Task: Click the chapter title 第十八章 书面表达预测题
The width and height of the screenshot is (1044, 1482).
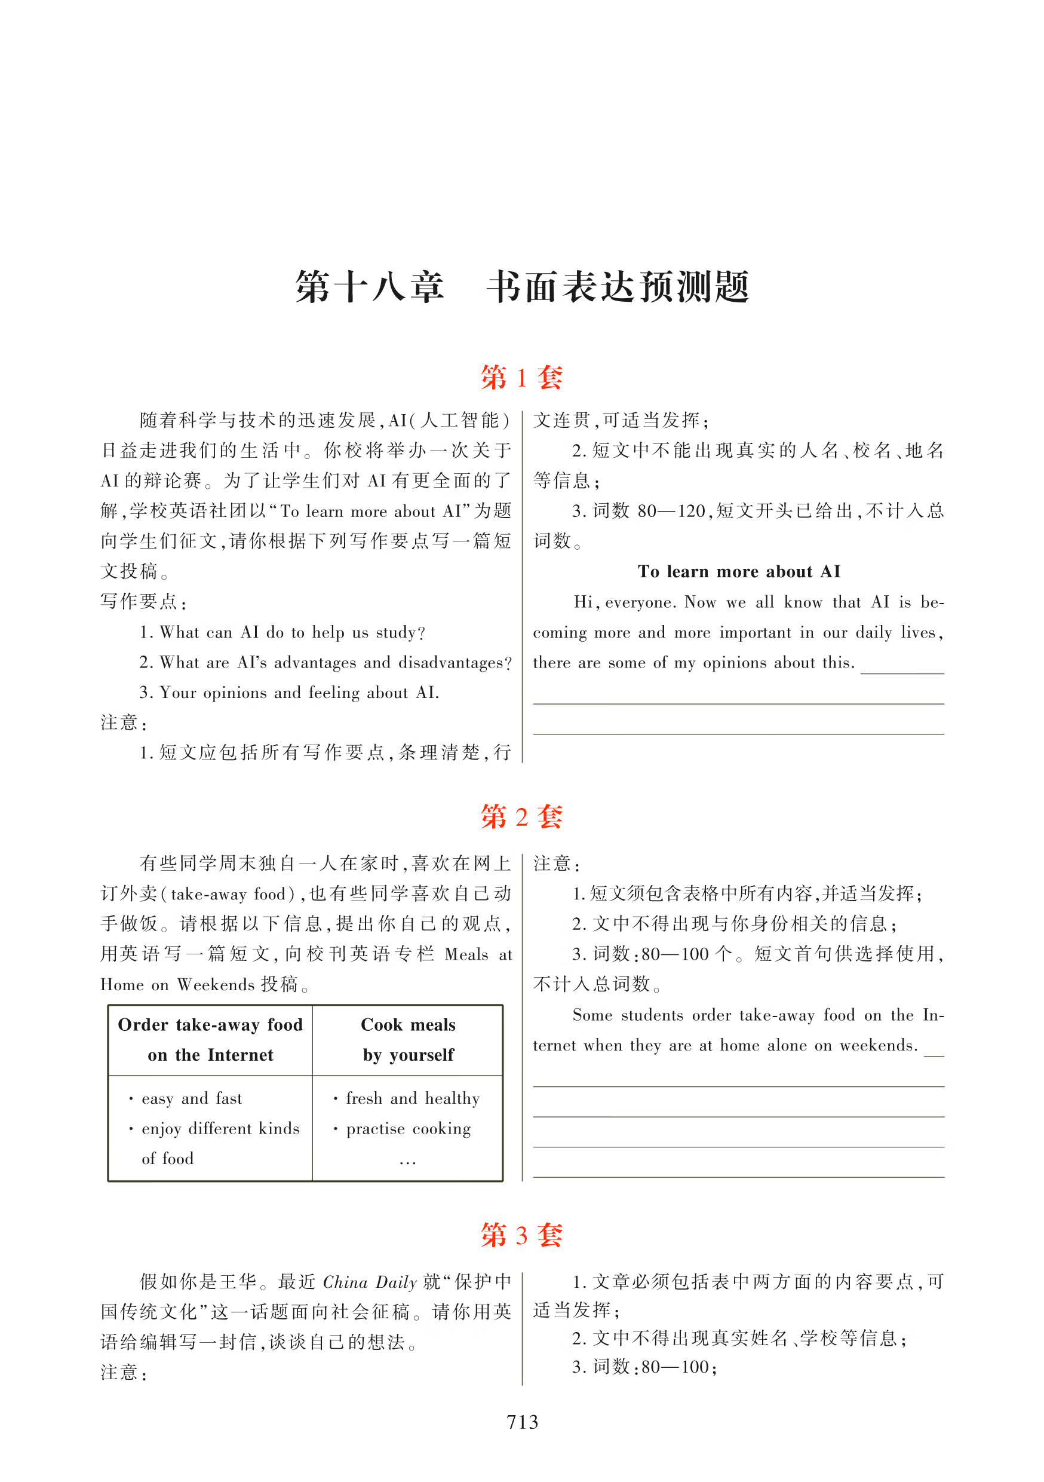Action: click(x=521, y=287)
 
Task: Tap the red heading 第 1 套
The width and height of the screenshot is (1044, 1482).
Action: click(x=521, y=377)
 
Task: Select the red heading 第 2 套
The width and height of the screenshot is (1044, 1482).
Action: click(x=521, y=816)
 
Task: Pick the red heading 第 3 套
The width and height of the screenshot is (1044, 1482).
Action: click(x=521, y=1235)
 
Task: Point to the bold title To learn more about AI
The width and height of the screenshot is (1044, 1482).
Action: click(x=739, y=571)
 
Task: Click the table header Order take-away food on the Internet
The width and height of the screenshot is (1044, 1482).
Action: click(x=210, y=1039)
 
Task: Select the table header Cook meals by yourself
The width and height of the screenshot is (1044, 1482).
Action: click(x=408, y=1039)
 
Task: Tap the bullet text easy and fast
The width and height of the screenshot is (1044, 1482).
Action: click(x=192, y=1098)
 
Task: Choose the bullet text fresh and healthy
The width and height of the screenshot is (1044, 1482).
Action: click(x=412, y=1098)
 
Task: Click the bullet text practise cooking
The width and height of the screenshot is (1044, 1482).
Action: click(x=408, y=1128)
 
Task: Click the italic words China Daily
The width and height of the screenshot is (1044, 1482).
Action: click(x=370, y=1282)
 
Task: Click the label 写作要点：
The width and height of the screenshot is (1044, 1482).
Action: click(x=144, y=602)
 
